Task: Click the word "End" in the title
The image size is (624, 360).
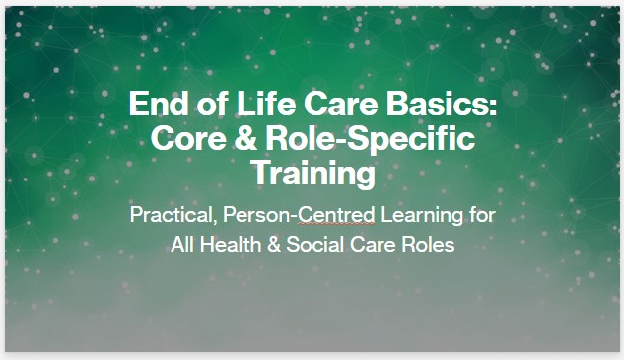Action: point(157,104)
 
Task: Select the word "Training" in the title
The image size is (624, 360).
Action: point(312,174)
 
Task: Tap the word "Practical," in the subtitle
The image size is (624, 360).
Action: point(171,214)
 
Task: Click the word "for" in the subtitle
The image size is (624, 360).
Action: point(482,214)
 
